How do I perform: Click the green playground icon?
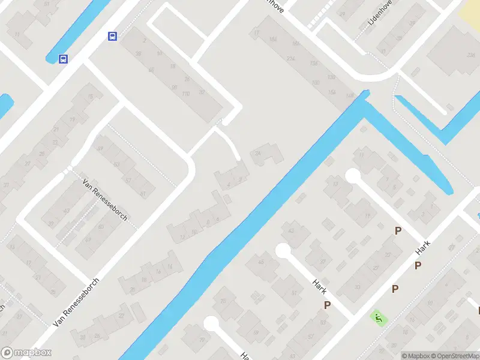tap(378, 317)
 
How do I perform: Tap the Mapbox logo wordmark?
tap(27, 353)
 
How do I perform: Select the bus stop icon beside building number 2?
tap(112, 37)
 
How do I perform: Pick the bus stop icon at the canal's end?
tap(63, 59)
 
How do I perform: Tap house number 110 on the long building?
tap(185, 94)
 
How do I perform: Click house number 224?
tap(291, 58)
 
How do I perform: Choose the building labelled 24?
tap(259, 154)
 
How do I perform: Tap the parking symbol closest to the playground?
tap(395, 289)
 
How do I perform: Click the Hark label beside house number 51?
tap(319, 287)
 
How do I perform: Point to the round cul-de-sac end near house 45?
tap(283, 251)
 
